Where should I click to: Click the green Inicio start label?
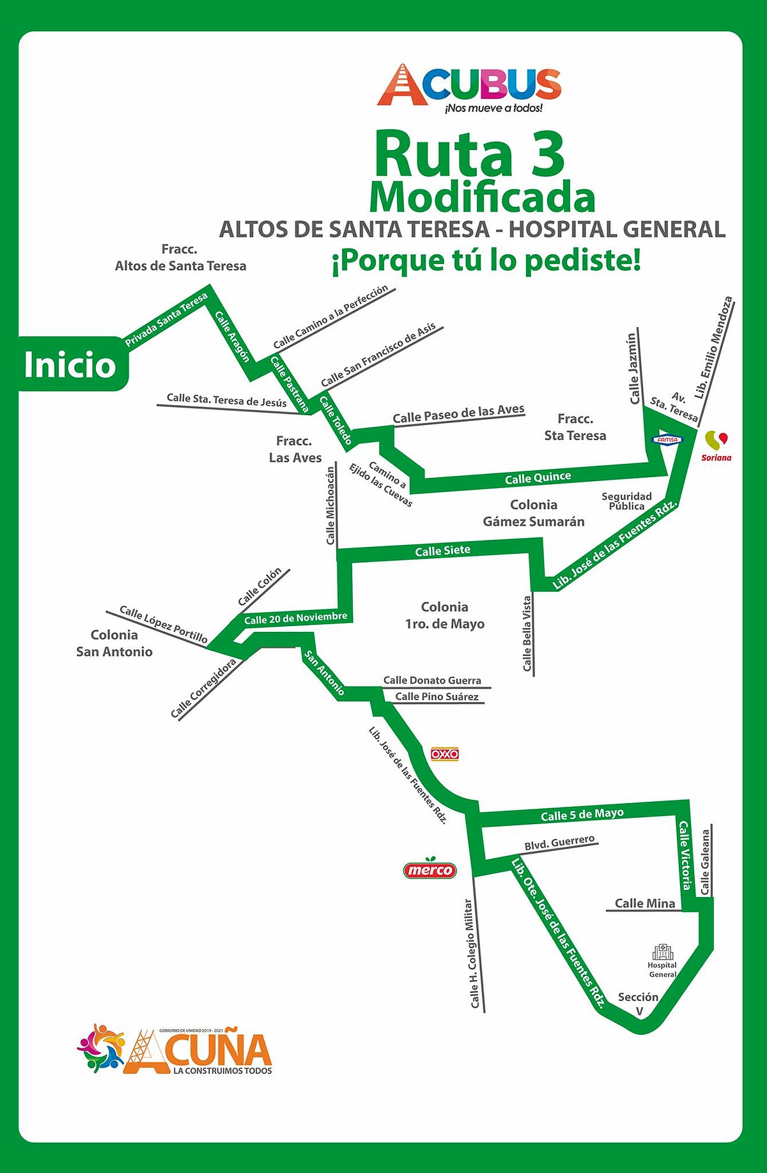[70, 365]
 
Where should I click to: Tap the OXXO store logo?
[444, 754]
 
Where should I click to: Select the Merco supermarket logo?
[430, 869]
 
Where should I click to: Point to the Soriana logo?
[716, 445]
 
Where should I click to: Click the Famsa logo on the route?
[667, 440]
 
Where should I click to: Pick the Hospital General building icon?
[663, 952]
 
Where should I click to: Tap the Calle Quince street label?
[538, 478]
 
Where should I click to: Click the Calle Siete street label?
[442, 551]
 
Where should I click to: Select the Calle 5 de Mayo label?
[582, 815]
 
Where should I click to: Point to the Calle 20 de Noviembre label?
[295, 618]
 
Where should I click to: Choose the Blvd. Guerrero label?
[559, 843]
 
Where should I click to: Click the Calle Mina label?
[644, 903]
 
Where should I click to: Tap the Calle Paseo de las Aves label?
[458, 413]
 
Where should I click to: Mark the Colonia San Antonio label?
[114, 643]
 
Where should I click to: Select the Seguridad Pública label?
[626, 501]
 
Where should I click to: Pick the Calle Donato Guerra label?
[432, 680]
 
